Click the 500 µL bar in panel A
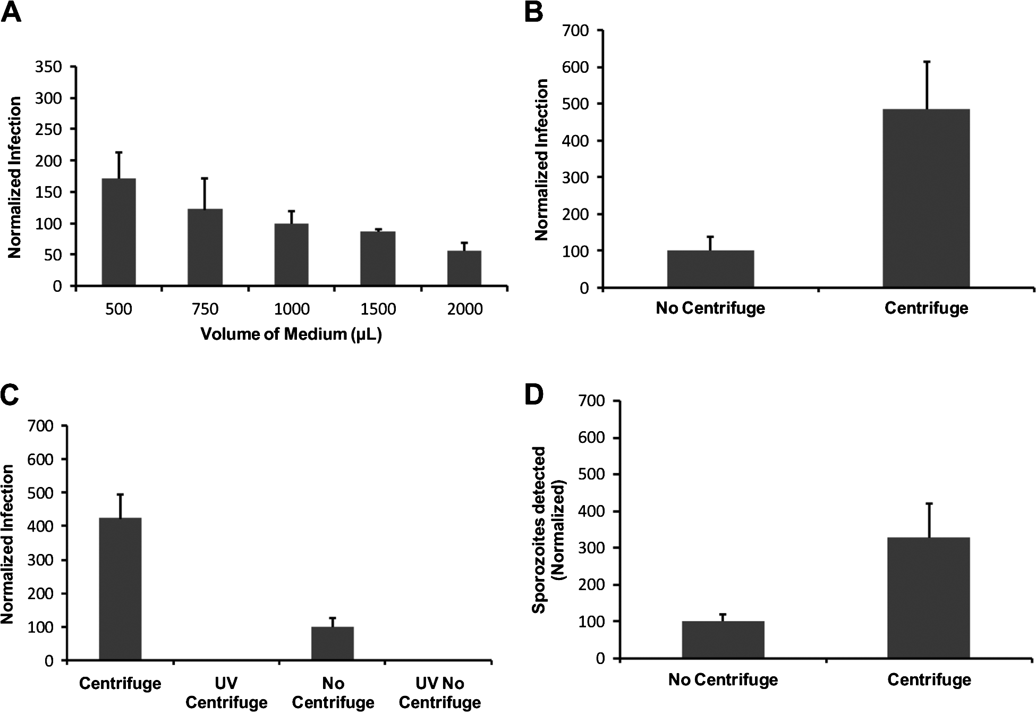tap(118, 232)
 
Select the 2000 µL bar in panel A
tap(464, 268)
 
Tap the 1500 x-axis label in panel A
tap(378, 309)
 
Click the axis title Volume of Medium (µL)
tap(291, 334)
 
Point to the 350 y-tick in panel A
tap(48, 67)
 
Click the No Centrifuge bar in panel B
tap(710, 269)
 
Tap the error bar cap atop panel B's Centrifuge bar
tap(927, 62)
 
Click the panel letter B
tap(533, 12)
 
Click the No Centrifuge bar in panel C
tap(333, 644)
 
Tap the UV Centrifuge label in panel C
tap(226, 693)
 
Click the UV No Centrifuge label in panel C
tap(439, 693)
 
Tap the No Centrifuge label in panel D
tap(723, 679)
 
